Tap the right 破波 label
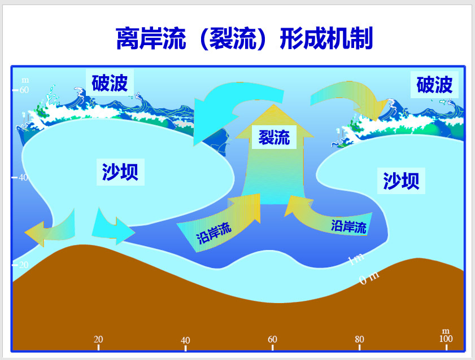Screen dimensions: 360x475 [x=434, y=85]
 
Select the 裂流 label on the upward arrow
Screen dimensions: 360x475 [x=274, y=137]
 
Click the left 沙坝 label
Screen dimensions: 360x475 [x=120, y=171]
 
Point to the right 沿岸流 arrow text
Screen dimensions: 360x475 [x=348, y=227]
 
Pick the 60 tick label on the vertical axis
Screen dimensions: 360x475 [x=24, y=90]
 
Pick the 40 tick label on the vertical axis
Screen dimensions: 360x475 [x=24, y=177]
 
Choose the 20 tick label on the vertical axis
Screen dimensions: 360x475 [x=24, y=265]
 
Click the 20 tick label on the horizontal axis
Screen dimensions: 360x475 [x=98, y=339]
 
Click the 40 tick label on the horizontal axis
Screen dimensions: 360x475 [x=185, y=340]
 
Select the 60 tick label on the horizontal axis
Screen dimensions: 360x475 [x=272, y=339]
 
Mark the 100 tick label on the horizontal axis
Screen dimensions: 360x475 [x=446, y=338]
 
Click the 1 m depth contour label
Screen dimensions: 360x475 [x=355, y=259]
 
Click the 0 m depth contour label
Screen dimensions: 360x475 [x=369, y=278]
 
